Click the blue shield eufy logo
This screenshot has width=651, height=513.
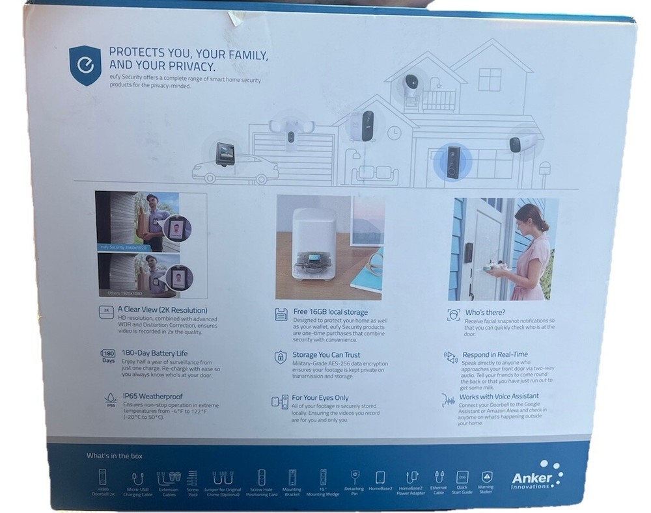click(x=85, y=65)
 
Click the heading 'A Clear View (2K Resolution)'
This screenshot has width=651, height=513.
click(x=162, y=310)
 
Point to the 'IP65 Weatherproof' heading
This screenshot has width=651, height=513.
click(x=152, y=396)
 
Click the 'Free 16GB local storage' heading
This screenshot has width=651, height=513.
click(x=330, y=312)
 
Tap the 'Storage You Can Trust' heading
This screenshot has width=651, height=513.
click(x=325, y=355)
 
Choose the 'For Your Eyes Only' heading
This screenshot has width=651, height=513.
click(x=320, y=397)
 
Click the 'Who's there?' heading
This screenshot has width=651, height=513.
click(x=485, y=313)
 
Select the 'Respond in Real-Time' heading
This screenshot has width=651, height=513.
click(x=494, y=354)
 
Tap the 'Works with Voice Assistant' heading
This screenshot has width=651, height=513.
click(x=499, y=396)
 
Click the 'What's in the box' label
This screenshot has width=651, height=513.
click(x=115, y=456)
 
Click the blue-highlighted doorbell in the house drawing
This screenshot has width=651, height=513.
click(x=453, y=162)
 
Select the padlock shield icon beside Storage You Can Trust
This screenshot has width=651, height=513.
click(x=280, y=357)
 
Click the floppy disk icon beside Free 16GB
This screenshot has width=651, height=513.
click(x=281, y=314)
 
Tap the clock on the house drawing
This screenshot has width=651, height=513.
click(x=393, y=133)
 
